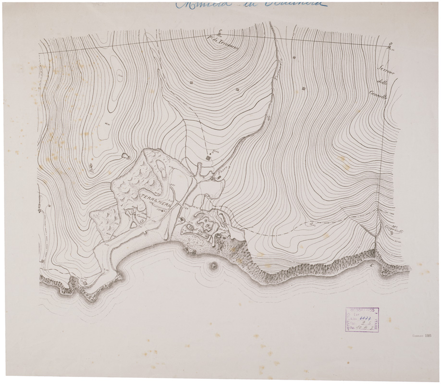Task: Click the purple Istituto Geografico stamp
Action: [x=362, y=320]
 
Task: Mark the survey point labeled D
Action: [x=391, y=45]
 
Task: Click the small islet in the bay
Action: [x=212, y=265]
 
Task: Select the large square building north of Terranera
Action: [x=208, y=158]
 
